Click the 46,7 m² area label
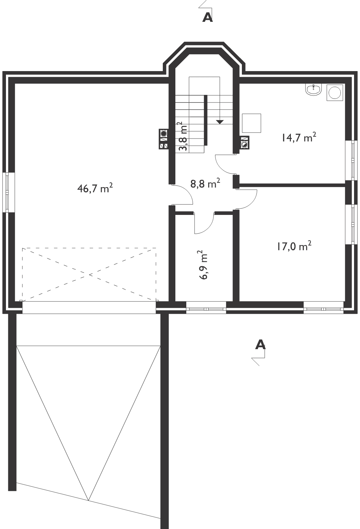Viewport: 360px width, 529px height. coord(95,188)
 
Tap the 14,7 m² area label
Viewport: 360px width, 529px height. coord(299,137)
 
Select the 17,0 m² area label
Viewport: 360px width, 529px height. coord(294,246)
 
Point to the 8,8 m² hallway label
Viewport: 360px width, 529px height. coord(205,183)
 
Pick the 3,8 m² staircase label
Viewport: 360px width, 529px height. coord(183,136)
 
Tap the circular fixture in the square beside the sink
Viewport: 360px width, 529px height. coord(335,93)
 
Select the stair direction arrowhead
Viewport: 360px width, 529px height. coord(220,122)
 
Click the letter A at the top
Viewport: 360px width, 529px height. coord(207,18)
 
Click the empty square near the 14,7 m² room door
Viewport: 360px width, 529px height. coord(251,123)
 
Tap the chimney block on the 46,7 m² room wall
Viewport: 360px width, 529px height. coord(163,139)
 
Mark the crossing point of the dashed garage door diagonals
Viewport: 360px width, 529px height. coord(89,275)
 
